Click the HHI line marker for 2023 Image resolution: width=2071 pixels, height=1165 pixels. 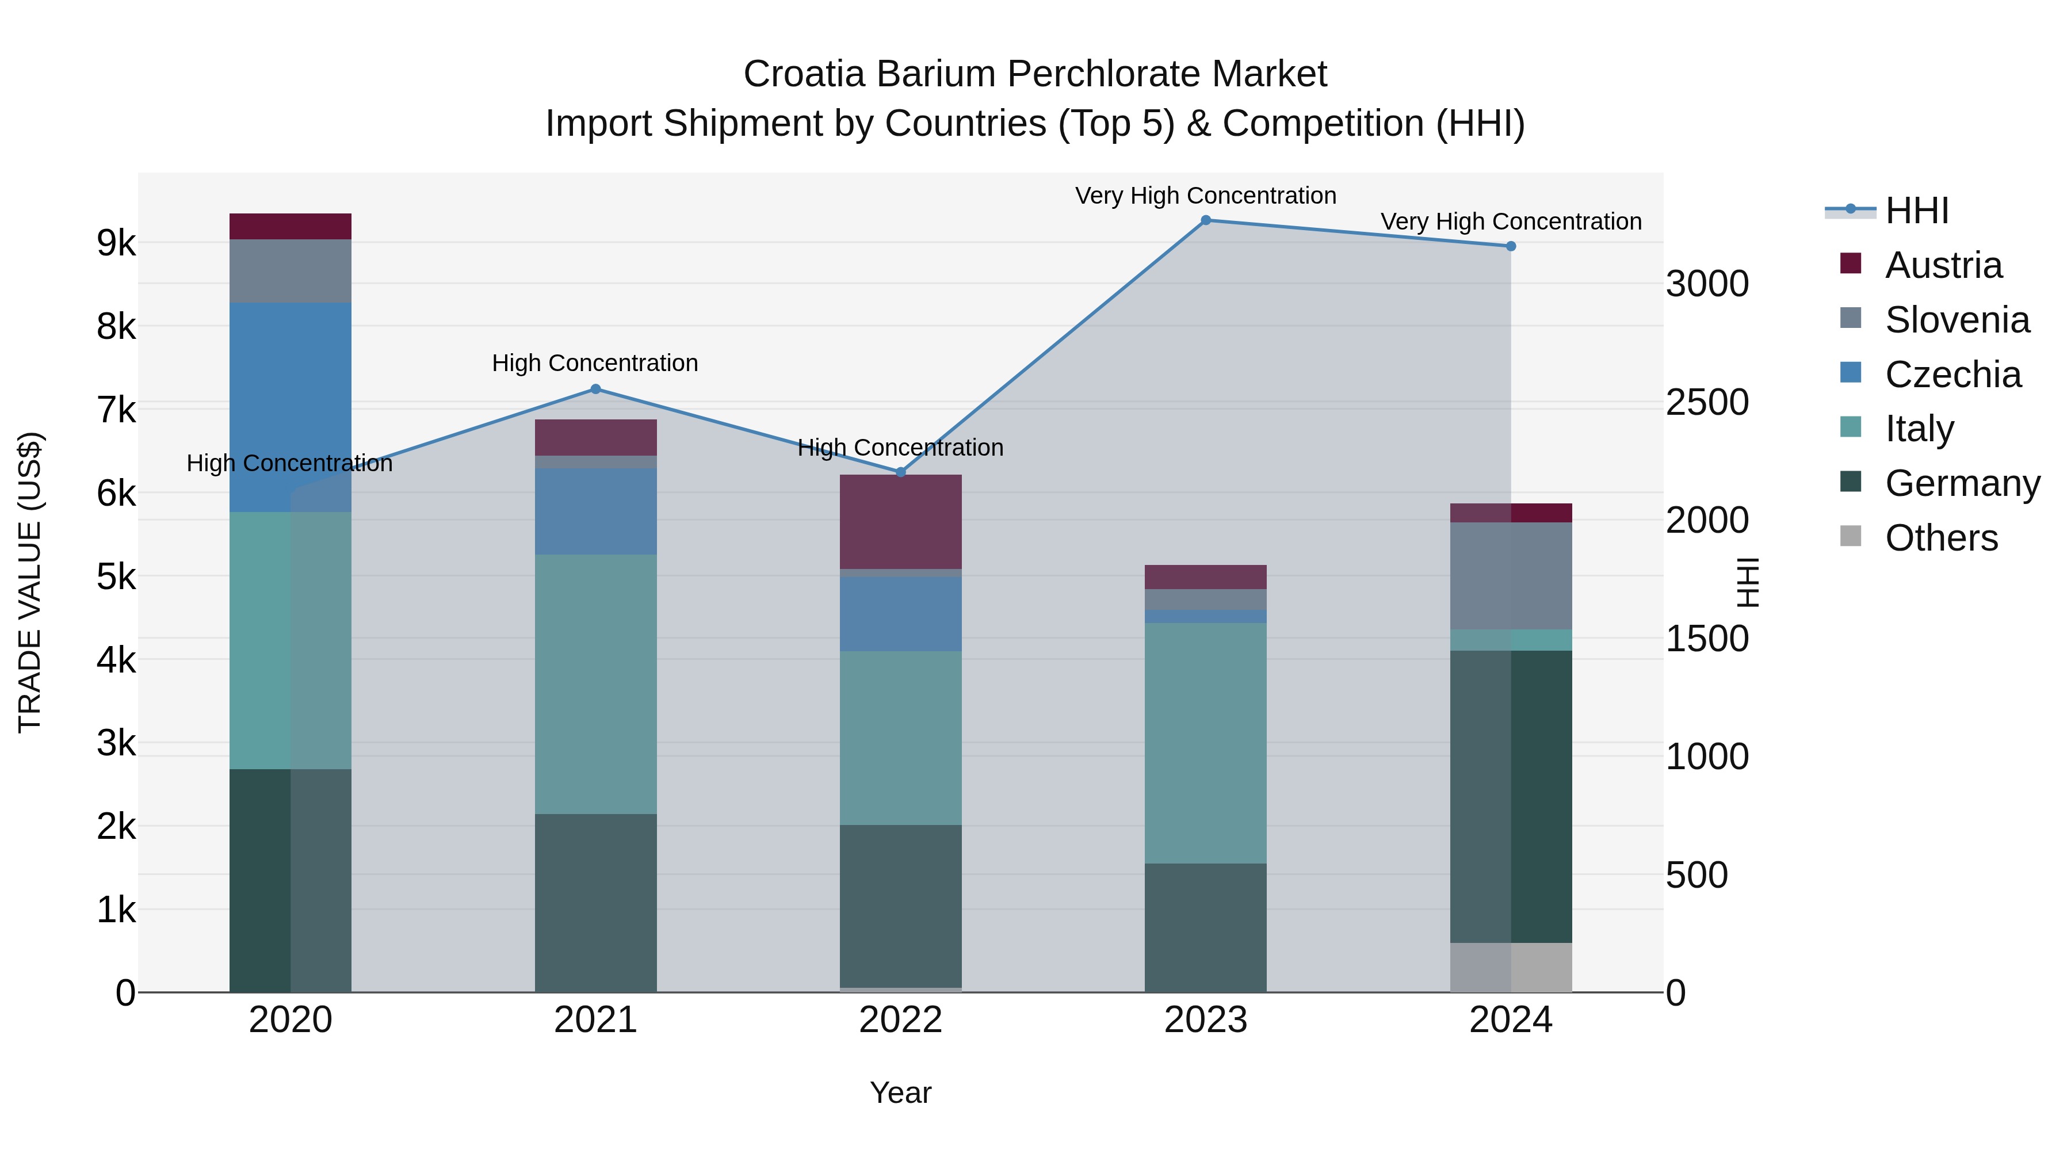point(1205,220)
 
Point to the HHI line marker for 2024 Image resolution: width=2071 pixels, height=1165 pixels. point(1511,246)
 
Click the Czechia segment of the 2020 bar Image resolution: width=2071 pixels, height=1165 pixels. point(291,407)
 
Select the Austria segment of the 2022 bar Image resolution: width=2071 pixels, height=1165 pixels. point(900,522)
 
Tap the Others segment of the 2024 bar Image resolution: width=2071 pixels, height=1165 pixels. point(1511,967)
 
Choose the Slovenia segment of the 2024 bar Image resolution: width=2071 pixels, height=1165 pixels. point(1511,576)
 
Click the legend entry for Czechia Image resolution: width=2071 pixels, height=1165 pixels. point(1952,375)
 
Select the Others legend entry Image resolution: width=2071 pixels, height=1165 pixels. point(1941,538)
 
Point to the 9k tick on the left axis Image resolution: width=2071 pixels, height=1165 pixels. point(116,243)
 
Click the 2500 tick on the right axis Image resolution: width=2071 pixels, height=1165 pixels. point(1707,402)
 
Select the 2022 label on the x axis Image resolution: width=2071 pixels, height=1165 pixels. point(900,1020)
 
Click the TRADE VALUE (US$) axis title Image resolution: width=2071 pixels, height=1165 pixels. point(30,582)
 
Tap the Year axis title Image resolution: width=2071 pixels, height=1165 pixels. point(900,1093)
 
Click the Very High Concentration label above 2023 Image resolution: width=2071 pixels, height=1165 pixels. point(1205,196)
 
